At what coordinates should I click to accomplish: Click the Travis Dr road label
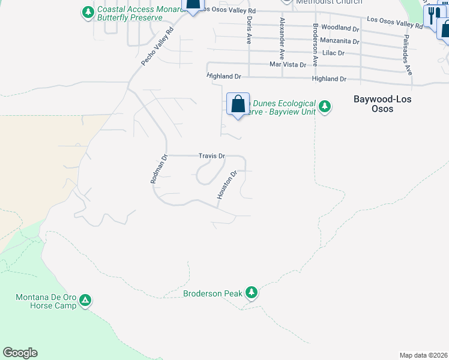(212, 156)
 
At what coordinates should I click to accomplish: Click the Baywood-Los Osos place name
(382, 104)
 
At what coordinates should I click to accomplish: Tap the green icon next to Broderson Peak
(251, 293)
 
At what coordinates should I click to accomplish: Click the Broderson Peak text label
(212, 293)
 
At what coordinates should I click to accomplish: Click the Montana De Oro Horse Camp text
(46, 301)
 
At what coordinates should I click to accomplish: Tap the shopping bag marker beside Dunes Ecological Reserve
(238, 104)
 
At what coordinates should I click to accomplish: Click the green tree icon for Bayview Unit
(325, 107)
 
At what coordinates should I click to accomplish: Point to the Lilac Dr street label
(333, 53)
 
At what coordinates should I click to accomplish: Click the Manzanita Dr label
(339, 41)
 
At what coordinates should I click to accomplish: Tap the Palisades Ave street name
(409, 62)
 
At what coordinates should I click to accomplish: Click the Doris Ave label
(249, 31)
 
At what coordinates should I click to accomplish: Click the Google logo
(20, 353)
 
